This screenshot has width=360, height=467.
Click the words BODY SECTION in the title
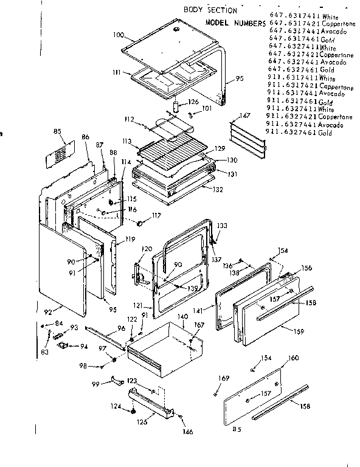(210, 10)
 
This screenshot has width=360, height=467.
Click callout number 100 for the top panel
(118, 35)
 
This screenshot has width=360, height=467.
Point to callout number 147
(244, 115)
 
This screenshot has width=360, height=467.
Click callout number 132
(217, 189)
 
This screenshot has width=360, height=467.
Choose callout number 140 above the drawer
(182, 317)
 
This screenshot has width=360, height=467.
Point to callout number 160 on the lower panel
(293, 358)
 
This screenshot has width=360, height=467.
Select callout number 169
(224, 379)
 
